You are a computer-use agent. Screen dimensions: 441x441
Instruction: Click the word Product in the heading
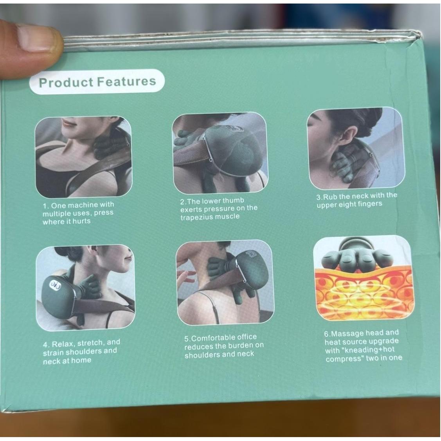point(66,83)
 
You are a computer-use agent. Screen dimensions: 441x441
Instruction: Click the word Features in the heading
point(126,81)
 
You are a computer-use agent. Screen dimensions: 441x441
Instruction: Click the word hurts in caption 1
point(81,221)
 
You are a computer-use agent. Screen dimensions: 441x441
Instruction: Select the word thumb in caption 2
point(233,200)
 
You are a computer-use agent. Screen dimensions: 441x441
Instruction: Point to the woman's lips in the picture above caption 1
point(67,121)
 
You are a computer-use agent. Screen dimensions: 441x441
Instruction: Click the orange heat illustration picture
point(363,279)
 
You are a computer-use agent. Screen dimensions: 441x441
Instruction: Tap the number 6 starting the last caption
point(326,335)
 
